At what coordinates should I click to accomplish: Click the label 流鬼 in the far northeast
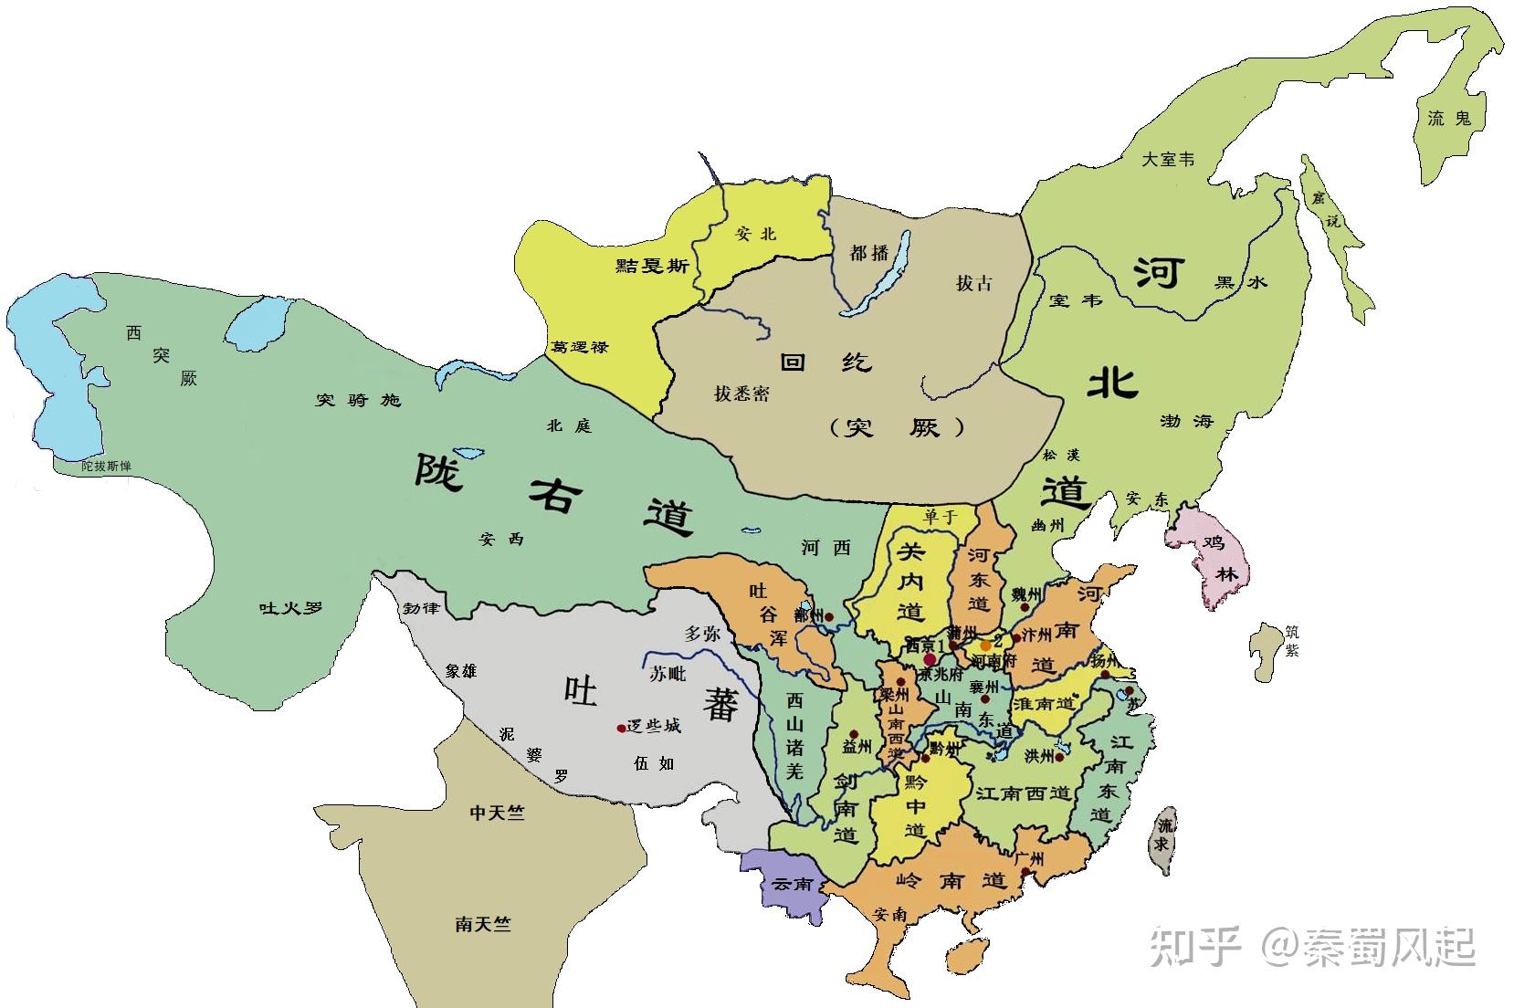point(1449,118)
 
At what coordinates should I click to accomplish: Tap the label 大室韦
point(1168,159)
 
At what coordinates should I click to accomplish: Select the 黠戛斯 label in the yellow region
point(652,266)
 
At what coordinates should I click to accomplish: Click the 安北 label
point(755,234)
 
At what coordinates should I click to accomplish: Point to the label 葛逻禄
point(580,347)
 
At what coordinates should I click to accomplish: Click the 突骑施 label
point(358,400)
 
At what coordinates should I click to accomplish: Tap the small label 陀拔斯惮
point(106,466)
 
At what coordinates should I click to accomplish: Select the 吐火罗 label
point(291,607)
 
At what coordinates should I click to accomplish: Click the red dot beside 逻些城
point(621,728)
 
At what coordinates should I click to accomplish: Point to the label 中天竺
point(498,812)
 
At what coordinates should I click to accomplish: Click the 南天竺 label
point(483,924)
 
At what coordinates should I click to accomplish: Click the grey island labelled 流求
point(1162,835)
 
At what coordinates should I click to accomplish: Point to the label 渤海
point(1186,421)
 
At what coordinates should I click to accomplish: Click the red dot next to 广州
point(1026,872)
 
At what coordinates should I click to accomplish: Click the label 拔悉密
point(741,394)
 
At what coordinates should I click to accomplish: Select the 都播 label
point(868,252)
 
